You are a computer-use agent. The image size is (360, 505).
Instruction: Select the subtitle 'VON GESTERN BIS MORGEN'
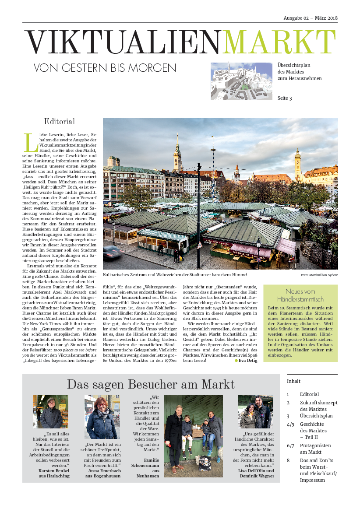point(105,68)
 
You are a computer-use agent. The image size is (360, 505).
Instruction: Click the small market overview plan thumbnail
point(242,81)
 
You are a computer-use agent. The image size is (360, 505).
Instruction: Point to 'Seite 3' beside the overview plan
point(285,98)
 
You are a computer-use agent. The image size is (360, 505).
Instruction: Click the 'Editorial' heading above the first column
point(60,122)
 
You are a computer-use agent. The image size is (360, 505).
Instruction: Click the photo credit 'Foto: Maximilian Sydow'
point(319,275)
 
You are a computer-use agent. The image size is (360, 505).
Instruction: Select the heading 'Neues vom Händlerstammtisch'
point(300,295)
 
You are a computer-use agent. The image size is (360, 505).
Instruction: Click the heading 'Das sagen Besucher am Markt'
point(151,384)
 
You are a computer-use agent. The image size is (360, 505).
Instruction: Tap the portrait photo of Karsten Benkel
point(51,411)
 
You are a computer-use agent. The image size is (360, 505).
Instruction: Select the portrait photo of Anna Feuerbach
point(102,417)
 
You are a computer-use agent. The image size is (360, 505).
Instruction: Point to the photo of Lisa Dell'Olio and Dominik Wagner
point(255,412)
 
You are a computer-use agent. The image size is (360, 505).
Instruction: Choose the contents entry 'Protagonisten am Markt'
point(315,449)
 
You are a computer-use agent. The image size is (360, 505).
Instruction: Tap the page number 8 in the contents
point(288,460)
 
